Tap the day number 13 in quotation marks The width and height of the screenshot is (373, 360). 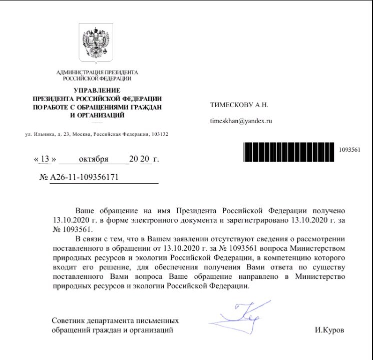click(45, 160)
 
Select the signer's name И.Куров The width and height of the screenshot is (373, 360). click(330, 330)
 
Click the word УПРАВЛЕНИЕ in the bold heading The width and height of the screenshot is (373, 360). click(97, 90)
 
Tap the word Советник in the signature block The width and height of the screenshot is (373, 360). click(69, 320)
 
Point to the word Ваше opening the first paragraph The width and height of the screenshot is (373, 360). click(84, 211)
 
